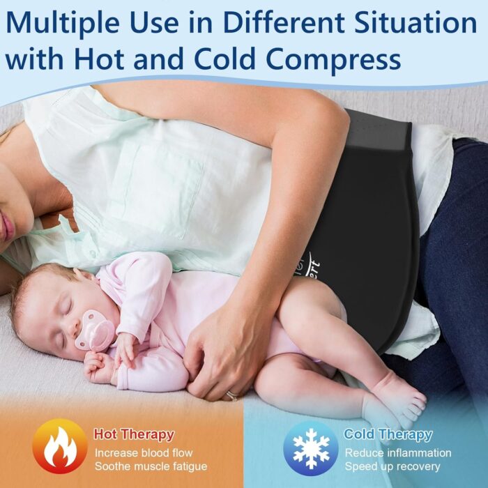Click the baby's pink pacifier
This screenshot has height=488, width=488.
(94, 330)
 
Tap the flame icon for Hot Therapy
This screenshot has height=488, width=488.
(60, 447)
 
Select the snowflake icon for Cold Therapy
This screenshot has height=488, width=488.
(311, 449)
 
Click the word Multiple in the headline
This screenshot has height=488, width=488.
(62, 23)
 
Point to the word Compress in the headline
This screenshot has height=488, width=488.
(333, 59)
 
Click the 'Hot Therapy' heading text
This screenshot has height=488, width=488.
(134, 434)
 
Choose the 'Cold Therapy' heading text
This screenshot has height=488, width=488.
(388, 434)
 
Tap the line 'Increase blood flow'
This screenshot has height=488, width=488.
(144, 453)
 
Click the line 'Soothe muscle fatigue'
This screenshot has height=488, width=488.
(151, 466)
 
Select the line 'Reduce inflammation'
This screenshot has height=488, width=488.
(398, 453)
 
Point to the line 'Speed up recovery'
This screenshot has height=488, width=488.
(392, 467)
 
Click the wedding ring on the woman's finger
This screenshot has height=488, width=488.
(232, 396)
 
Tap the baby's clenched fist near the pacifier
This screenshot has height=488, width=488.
(97, 367)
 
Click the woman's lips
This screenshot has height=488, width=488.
(7, 229)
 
